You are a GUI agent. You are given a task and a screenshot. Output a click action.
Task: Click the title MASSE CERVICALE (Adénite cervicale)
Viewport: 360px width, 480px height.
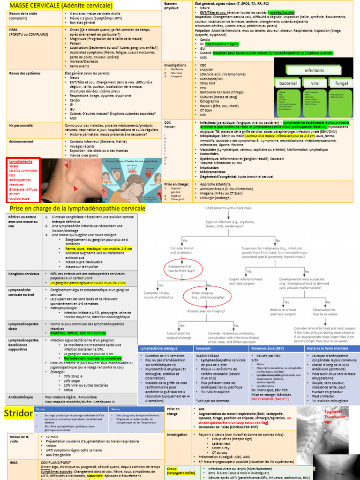tap(61, 6)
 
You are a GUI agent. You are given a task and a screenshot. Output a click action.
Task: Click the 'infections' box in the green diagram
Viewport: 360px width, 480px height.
tap(314, 70)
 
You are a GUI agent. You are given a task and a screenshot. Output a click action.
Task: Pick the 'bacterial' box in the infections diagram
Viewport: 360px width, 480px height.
tap(288, 83)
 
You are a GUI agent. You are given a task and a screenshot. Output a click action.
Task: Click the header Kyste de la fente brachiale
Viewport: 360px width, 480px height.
tap(328, 348)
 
